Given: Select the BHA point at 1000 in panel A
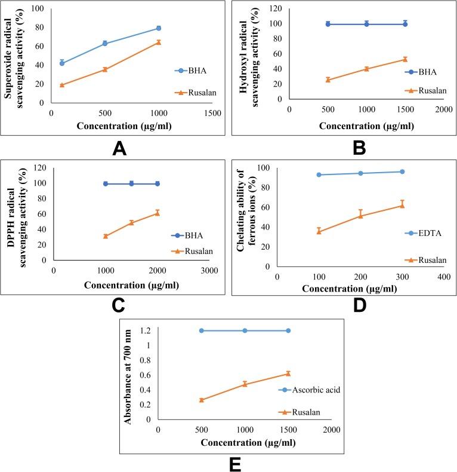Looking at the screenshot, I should (159, 28).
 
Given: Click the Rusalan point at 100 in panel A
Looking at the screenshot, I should (62, 85).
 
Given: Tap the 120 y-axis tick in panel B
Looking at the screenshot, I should (279, 8).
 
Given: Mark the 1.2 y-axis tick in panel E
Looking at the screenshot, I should (146, 330).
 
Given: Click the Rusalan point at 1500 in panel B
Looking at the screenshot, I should (405, 59).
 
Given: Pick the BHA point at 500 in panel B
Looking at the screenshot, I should (328, 24).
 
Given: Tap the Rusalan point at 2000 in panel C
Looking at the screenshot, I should (158, 213).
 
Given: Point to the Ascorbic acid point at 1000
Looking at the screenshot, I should (245, 330).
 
